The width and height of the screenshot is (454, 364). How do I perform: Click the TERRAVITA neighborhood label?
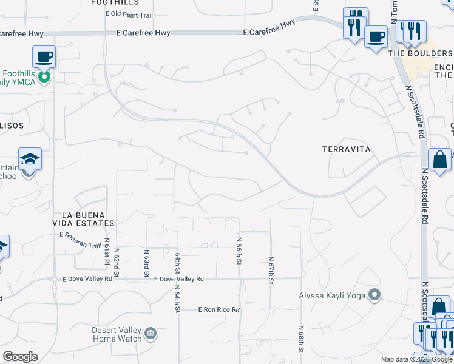point(346,149)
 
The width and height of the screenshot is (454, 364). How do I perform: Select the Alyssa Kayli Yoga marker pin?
point(375,296)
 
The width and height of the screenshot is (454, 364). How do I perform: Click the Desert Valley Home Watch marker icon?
point(151,333)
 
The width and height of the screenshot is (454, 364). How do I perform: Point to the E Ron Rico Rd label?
point(220,310)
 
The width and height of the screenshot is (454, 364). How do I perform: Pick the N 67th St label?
point(272,268)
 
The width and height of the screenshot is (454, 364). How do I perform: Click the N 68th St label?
point(301,341)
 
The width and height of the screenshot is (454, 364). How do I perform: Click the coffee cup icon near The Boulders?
point(376,36)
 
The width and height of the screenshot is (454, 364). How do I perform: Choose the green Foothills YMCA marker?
point(44,77)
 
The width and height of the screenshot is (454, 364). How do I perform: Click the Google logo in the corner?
point(20,357)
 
